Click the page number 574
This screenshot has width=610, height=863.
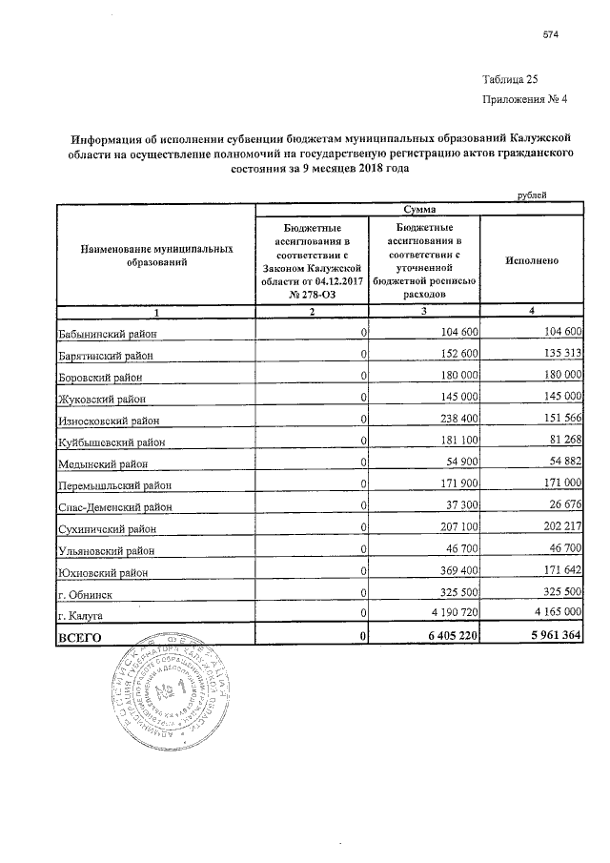[x=550, y=34]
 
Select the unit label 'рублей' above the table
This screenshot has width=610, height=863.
[x=531, y=195]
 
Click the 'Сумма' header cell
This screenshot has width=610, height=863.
[x=419, y=208]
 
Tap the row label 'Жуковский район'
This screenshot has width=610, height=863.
[x=96, y=397]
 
